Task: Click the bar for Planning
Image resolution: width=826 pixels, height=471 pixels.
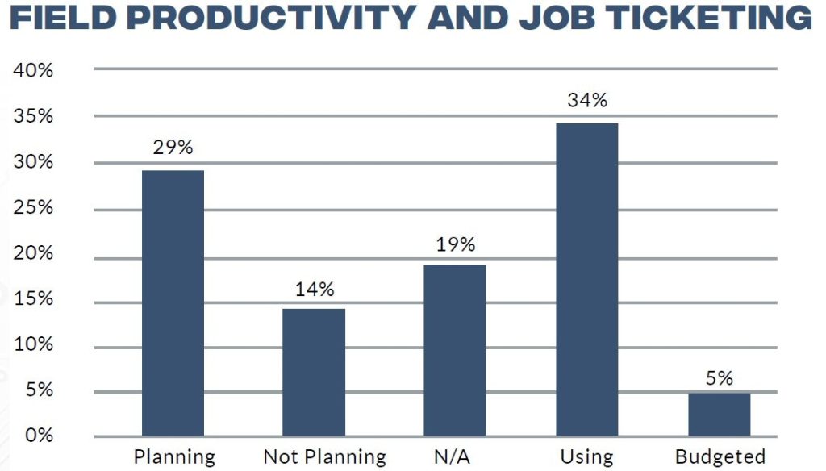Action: click(x=173, y=302)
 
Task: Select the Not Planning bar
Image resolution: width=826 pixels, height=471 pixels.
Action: click(x=314, y=372)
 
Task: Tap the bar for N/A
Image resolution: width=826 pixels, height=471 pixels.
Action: click(x=455, y=349)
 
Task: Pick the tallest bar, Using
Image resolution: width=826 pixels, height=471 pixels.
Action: click(x=587, y=279)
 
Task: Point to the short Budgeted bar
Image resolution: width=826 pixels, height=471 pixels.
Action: click(x=720, y=414)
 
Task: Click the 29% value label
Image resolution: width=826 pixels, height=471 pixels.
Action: click(x=173, y=148)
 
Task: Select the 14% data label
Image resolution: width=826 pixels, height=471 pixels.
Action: click(x=314, y=290)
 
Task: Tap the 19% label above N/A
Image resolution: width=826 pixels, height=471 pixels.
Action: click(x=455, y=244)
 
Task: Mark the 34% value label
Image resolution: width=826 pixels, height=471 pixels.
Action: click(x=587, y=101)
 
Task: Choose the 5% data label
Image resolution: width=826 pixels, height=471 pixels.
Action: click(x=720, y=377)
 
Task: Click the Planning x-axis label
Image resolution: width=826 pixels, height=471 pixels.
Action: click(x=174, y=457)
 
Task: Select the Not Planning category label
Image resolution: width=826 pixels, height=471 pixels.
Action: click(x=324, y=456)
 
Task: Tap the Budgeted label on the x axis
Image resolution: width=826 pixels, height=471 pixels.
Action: click(x=720, y=456)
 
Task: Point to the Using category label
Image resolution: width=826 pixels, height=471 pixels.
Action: click(x=587, y=456)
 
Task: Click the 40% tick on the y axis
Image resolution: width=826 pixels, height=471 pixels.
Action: click(x=33, y=70)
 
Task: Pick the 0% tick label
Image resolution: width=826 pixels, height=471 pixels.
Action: click(x=38, y=436)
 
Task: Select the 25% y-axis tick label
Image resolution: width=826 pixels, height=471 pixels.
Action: click(x=33, y=208)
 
